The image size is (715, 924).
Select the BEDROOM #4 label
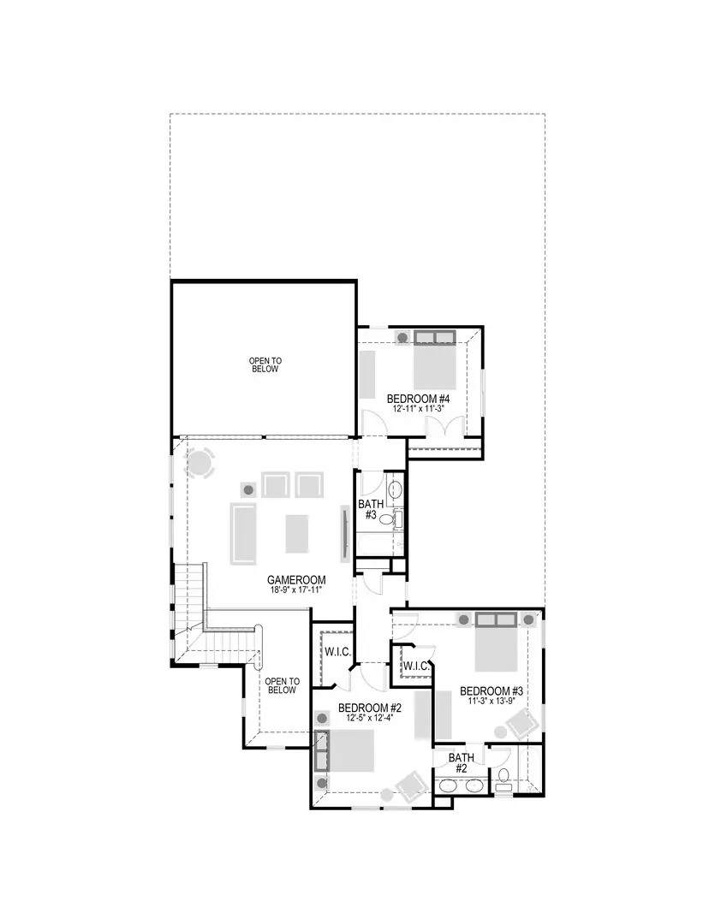418,399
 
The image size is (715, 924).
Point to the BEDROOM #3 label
491,691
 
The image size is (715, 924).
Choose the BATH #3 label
371,510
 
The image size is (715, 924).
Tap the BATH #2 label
462,763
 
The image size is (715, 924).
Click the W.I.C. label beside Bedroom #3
416,666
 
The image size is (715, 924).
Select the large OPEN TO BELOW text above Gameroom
265,365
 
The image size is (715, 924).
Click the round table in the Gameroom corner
200,464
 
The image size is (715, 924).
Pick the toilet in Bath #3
387,519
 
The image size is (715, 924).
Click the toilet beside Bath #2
504,778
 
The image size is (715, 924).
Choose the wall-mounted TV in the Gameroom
345,533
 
